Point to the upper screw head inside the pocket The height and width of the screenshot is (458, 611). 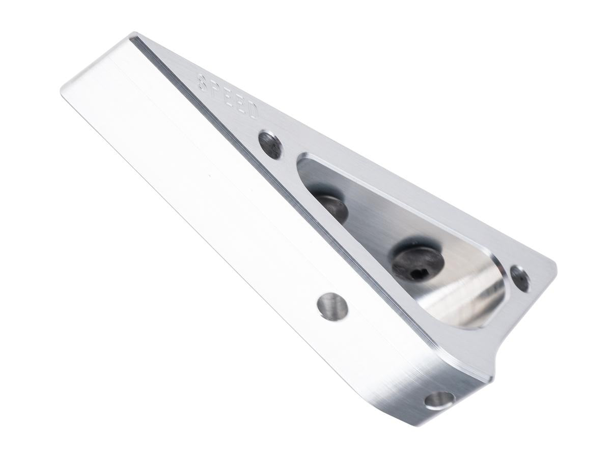point(331,207)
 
